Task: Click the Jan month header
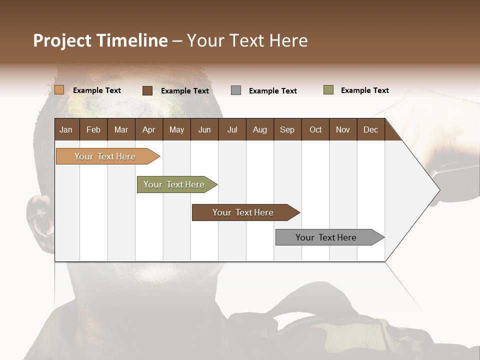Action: point(66,129)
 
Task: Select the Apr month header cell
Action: point(149,129)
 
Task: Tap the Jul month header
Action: point(232,129)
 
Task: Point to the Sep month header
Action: point(287,129)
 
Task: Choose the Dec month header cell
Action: point(370,129)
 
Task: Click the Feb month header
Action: point(93,129)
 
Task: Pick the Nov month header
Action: point(343,129)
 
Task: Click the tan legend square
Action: point(59,90)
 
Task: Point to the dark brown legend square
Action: point(147,90)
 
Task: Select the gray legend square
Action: point(236,90)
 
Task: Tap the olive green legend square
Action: point(328,90)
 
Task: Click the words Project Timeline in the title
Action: point(100,40)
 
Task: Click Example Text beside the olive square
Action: point(364,90)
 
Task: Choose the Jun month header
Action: point(204,129)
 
